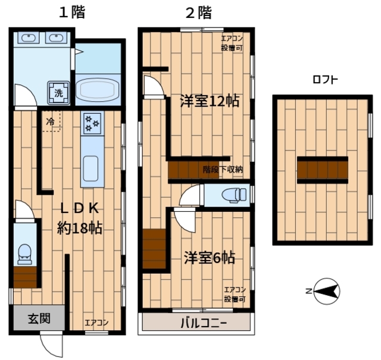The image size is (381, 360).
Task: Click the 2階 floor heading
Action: (198, 12)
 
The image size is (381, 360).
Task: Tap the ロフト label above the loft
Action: (326, 80)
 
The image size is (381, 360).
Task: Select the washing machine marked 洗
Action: (59, 92)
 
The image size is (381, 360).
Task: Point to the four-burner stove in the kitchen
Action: (92, 124)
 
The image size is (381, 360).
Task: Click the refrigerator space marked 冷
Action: (51, 121)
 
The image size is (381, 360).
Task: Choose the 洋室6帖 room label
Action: (208, 258)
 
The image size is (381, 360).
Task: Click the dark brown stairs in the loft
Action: (323, 169)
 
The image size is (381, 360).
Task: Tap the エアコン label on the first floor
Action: (96, 323)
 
